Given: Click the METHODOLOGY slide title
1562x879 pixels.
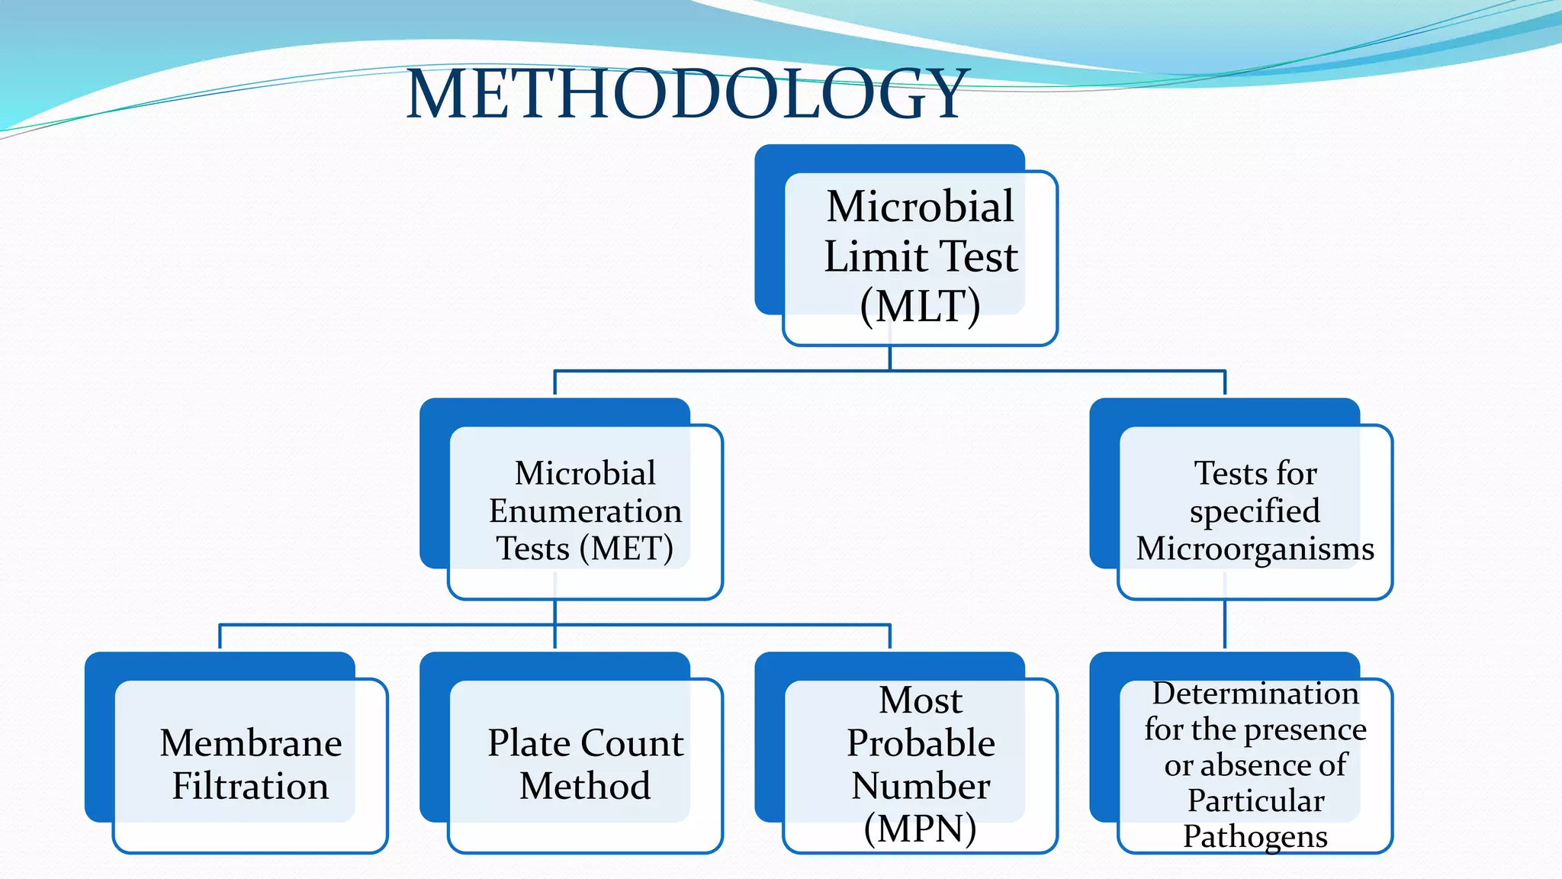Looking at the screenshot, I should (x=686, y=94).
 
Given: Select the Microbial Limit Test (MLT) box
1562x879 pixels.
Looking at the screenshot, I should (x=920, y=257).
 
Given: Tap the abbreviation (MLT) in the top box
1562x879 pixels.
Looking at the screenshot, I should (x=920, y=307).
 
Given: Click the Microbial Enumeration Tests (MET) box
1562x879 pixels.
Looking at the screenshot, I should (x=585, y=511).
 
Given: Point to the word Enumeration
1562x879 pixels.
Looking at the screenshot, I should (x=585, y=510).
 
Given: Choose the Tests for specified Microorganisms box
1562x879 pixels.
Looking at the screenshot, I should (x=1255, y=511).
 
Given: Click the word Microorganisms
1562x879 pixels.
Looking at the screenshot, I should (x=1255, y=549).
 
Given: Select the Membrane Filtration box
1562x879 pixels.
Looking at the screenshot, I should (x=250, y=765).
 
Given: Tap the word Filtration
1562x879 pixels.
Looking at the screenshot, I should (x=250, y=786).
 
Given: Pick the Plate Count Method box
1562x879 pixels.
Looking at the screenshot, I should (x=585, y=765).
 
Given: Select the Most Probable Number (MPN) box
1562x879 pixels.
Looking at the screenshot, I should (x=920, y=765).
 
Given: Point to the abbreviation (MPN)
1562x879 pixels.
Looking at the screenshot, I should (x=920, y=829).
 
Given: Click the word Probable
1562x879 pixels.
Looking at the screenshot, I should (x=920, y=742).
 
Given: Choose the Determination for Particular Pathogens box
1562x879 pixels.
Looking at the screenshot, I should (x=1255, y=765).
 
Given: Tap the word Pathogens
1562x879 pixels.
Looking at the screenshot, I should (x=1255, y=837).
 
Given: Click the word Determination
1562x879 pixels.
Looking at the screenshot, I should (x=1255, y=694).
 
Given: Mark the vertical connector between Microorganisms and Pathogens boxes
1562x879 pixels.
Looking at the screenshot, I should (x=1225, y=624).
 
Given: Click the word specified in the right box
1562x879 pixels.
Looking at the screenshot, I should (x=1255, y=511).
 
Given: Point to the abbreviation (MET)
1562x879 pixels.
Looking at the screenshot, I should (x=626, y=549).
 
